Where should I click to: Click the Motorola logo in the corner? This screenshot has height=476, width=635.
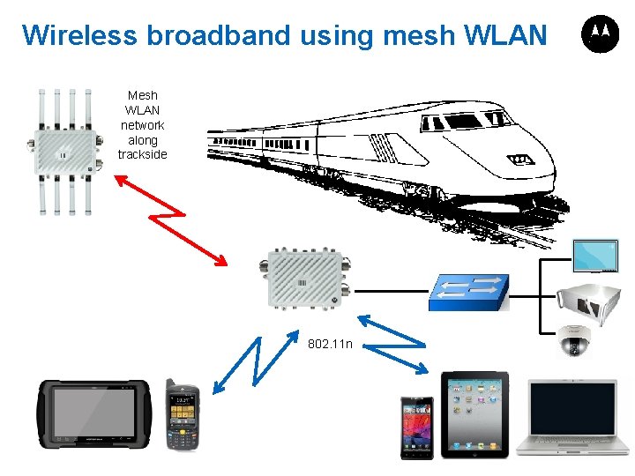pos(599,34)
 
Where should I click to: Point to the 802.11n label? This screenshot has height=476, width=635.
pos(331,343)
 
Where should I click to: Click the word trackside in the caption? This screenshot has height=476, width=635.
pos(143,155)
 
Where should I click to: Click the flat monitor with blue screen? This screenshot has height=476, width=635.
pos(598,256)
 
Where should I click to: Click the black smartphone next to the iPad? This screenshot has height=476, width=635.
pos(416,427)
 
